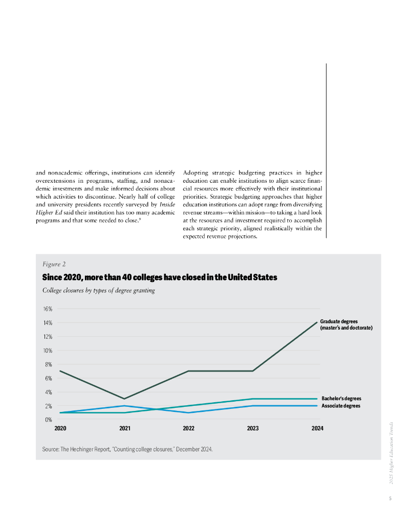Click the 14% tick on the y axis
pos(48,323)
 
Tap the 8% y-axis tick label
pos(48,364)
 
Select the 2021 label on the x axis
pos(124,428)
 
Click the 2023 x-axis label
pos(252,428)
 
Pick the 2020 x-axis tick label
pos(60,428)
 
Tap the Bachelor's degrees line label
pos(342,399)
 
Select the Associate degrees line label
pos(340,406)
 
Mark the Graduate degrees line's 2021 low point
pos(124,399)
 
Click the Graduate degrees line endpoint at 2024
pos(317,322)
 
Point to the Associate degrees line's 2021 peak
pos(124,406)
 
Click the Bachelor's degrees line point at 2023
pos(252,399)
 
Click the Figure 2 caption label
pos(54,265)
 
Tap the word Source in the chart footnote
pos(51,449)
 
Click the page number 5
pos(390,498)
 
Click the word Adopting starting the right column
pos(196,172)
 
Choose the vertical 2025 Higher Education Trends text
pos(391,452)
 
